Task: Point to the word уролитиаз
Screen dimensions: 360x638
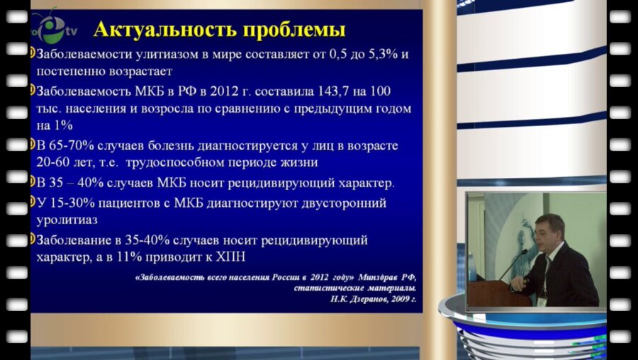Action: coord(67,220)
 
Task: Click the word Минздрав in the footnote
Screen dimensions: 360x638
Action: coord(381,277)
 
